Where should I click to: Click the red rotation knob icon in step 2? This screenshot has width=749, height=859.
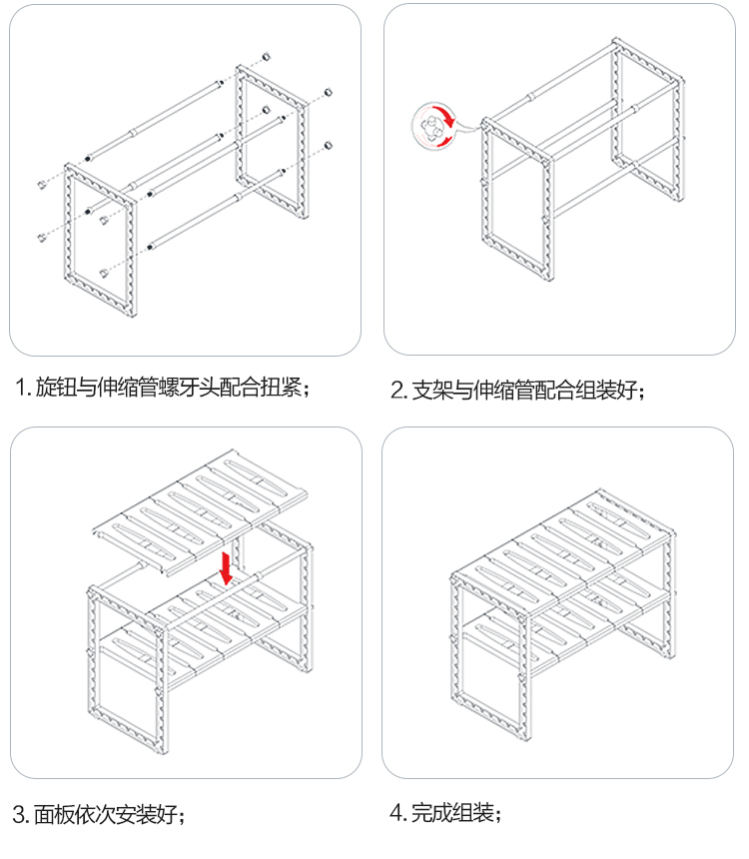433,127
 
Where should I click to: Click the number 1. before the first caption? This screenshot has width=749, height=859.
23,388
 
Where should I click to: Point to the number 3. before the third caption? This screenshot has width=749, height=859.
21,814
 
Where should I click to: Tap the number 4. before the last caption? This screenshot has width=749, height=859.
397,813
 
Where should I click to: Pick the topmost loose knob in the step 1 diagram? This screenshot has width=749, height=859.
267,57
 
